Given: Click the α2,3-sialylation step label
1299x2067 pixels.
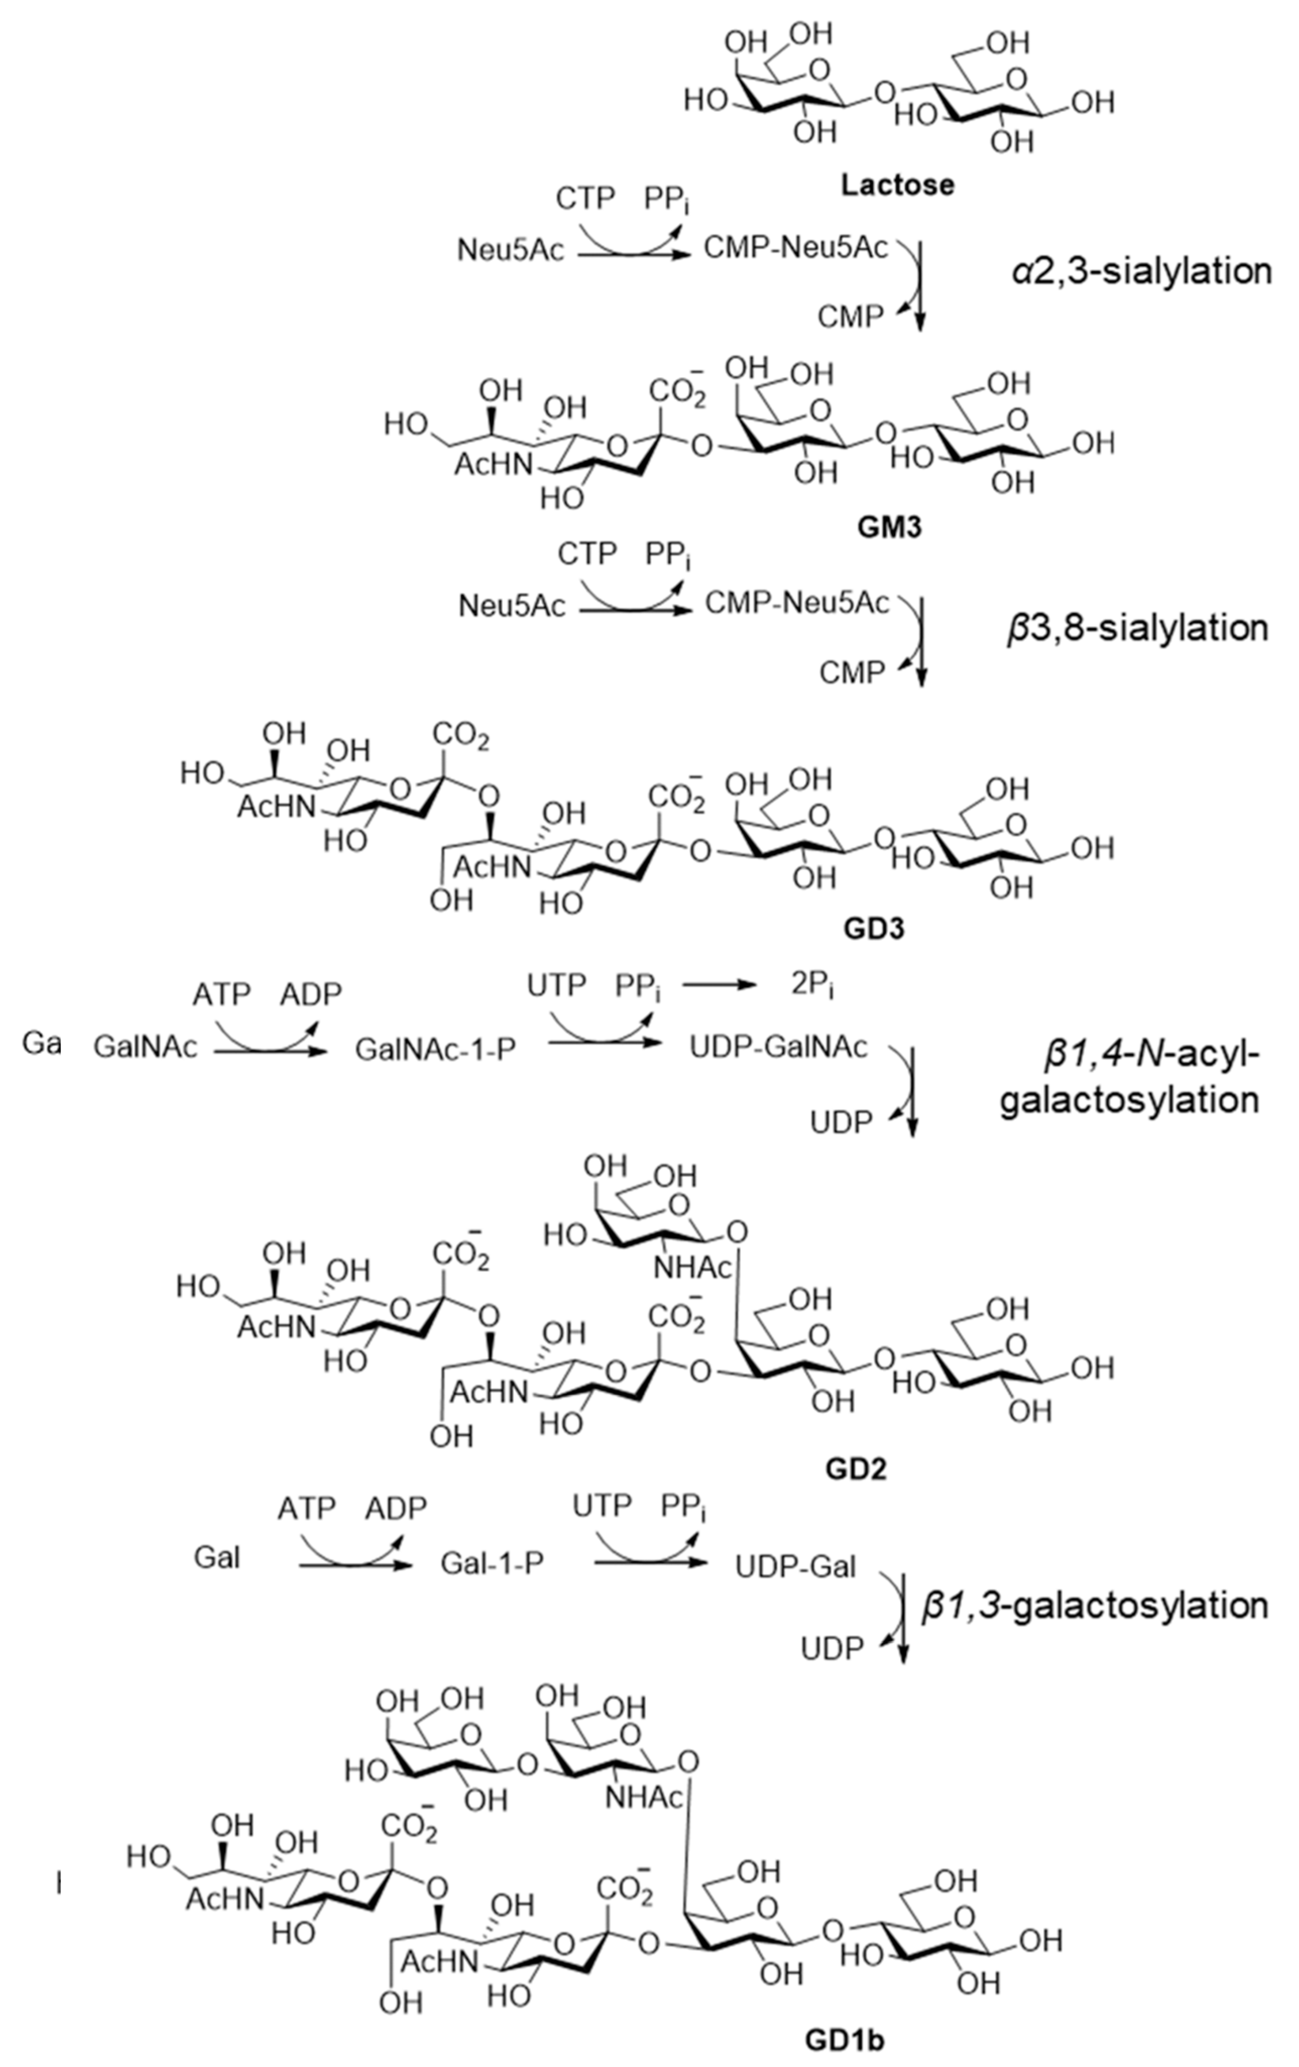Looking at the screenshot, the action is pos(1139,271).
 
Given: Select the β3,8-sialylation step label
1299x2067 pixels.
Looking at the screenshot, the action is pos(1138,628).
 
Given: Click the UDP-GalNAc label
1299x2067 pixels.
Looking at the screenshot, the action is pos(779,1047).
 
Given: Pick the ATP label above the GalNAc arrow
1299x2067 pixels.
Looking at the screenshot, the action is pos(221,993).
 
